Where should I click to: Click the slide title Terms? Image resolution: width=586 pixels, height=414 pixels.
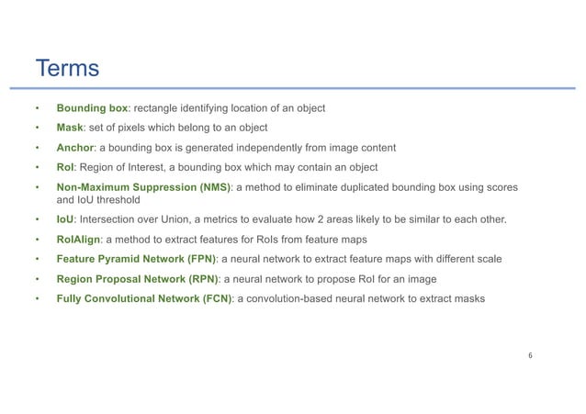pos(66,69)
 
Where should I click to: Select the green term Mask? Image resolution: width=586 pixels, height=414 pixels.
pos(72,128)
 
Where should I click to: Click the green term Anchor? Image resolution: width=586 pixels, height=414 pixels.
pos(75,147)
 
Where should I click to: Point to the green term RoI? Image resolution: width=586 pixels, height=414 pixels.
pos(66,167)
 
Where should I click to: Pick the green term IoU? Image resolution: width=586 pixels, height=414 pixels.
pos(66,219)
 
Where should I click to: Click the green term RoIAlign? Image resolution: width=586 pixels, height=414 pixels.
pos(80,240)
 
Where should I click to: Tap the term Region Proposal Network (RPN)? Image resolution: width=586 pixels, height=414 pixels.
pos(142,279)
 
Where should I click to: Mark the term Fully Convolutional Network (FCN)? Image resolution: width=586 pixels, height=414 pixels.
pos(144,299)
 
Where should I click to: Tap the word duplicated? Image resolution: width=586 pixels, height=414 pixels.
pos(388,187)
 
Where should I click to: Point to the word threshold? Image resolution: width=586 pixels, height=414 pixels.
pos(121,198)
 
